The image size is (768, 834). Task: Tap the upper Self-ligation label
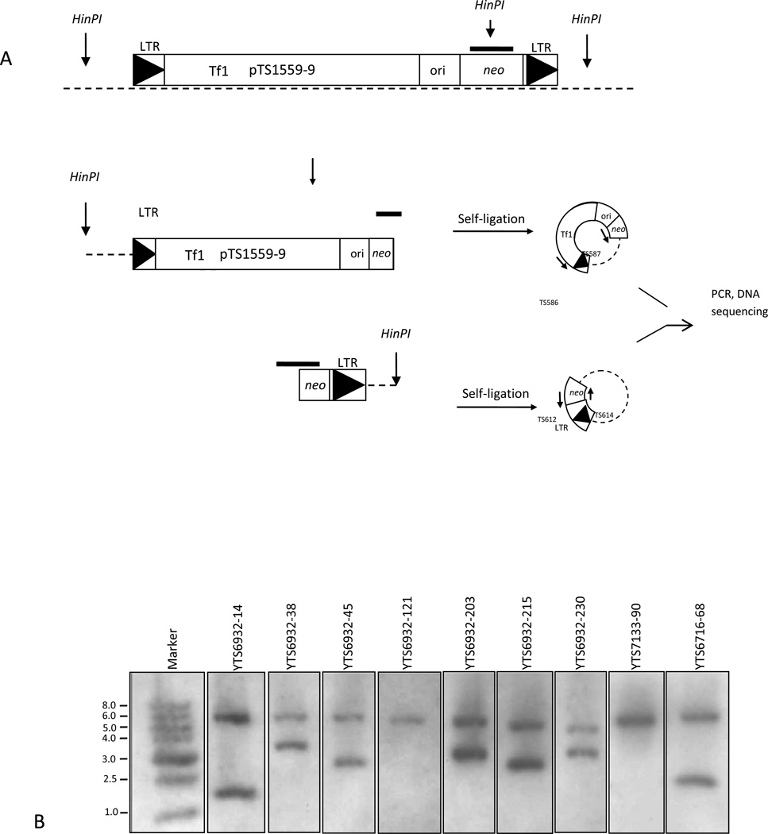click(486, 217)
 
